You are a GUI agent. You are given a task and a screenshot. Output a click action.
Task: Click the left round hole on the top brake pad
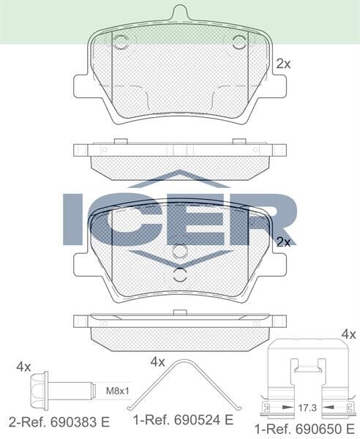[121, 42]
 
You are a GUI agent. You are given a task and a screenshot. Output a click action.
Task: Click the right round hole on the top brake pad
[239, 42]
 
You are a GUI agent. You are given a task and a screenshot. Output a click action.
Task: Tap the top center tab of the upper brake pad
[180, 12]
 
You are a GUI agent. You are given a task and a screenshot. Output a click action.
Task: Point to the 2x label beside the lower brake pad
[284, 241]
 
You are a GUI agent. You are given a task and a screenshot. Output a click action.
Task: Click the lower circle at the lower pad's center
[180, 276]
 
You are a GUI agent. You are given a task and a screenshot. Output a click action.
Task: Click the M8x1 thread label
[116, 390]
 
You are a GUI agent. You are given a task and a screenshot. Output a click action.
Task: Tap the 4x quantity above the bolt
[23, 365]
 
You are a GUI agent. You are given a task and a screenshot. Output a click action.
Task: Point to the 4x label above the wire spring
[157, 361]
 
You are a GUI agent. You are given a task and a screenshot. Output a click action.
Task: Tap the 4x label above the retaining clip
[348, 334]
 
